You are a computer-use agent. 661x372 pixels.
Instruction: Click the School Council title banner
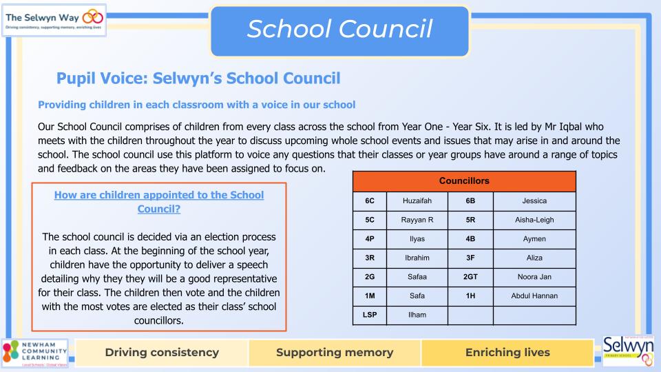click(x=340, y=29)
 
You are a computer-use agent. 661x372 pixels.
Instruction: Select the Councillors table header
click(x=464, y=181)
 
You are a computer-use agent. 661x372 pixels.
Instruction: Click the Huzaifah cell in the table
click(x=417, y=201)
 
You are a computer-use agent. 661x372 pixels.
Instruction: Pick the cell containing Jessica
click(x=534, y=201)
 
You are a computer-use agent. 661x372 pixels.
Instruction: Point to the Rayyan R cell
click(x=417, y=220)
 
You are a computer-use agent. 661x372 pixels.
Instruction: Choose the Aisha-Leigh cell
click(x=534, y=220)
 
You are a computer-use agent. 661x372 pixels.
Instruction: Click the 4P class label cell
click(x=370, y=239)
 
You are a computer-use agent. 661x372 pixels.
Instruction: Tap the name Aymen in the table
click(x=534, y=239)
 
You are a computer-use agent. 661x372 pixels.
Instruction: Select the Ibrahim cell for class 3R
click(x=417, y=258)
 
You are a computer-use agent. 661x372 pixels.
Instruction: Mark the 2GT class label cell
click(x=470, y=277)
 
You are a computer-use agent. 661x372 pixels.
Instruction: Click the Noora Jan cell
click(x=534, y=277)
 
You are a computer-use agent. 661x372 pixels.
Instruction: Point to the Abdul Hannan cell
click(x=534, y=296)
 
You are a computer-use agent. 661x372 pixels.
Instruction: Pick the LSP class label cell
click(x=370, y=315)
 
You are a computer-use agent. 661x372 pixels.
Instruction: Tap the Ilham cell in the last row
click(x=417, y=315)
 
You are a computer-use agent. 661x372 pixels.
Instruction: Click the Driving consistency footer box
click(x=162, y=353)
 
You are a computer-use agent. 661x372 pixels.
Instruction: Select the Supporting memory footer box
click(x=335, y=353)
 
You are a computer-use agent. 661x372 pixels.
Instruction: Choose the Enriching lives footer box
click(x=507, y=353)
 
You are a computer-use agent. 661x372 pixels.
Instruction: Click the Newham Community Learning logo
click(x=35, y=353)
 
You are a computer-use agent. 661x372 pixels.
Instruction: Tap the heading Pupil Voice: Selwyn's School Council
click(x=198, y=79)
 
